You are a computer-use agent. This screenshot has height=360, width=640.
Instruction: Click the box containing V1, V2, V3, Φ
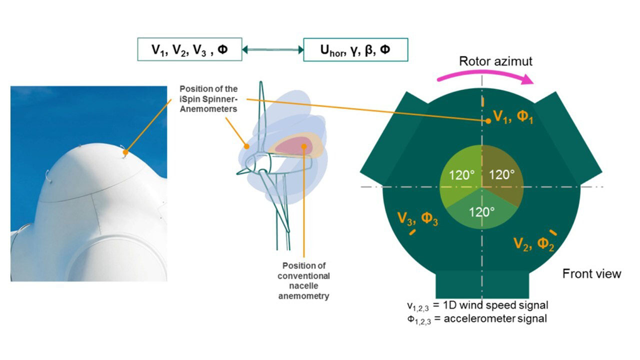tap(189, 49)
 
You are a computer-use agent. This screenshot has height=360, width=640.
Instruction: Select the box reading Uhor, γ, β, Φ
tap(355, 49)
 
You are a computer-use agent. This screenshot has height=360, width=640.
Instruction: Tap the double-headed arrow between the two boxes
tap(272, 49)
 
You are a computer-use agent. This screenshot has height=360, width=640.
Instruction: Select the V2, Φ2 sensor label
tap(533, 244)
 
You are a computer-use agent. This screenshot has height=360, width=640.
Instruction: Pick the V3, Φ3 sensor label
tap(417, 218)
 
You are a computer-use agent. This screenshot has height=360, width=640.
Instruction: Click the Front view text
tap(591, 273)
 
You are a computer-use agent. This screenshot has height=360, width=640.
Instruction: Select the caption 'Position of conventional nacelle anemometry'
tap(305, 280)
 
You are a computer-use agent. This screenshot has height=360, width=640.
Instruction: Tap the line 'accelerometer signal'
tap(477, 318)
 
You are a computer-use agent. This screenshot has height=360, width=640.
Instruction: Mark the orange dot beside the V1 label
tap(487, 120)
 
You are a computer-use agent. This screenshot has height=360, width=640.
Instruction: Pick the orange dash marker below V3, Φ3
tap(413, 232)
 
